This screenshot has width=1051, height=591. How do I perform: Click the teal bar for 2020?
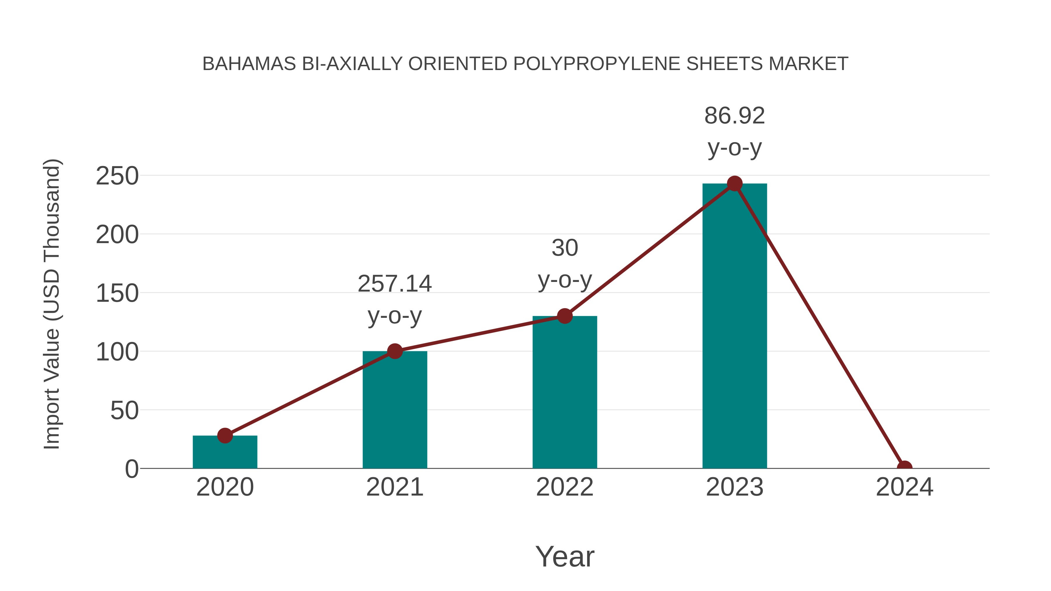tap(225, 453)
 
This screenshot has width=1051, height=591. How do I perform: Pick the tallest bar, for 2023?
tap(735, 326)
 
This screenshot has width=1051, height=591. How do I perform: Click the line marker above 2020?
tap(225, 436)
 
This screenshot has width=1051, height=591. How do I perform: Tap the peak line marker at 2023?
tap(735, 184)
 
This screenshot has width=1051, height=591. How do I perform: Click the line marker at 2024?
tap(904, 468)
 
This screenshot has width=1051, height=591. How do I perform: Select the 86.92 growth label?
tap(735, 116)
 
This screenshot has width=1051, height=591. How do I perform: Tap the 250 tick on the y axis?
tap(117, 176)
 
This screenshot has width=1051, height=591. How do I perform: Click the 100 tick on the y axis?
tap(117, 352)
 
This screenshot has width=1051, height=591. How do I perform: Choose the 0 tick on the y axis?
tap(132, 469)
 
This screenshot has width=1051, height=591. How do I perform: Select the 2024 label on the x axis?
tap(904, 487)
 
